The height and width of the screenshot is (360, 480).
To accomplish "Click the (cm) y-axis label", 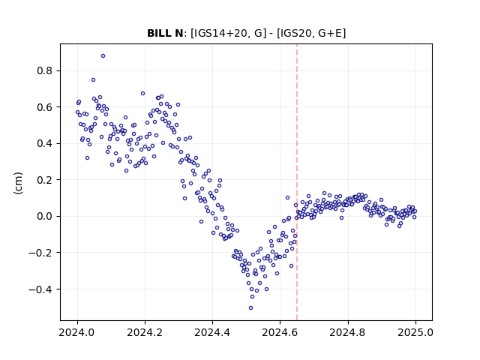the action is click(x=18, y=183).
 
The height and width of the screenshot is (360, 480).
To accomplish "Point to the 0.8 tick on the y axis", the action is click(x=45, y=70).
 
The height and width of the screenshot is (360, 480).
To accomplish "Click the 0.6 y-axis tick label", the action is click(x=45, y=107).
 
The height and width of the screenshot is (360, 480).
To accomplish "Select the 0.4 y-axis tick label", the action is click(x=45, y=143).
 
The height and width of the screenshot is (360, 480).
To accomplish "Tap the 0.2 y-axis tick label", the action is click(x=45, y=180).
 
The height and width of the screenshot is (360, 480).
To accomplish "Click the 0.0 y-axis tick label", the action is click(x=45, y=216).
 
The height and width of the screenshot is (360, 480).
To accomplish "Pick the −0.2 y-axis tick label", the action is click(x=41, y=253).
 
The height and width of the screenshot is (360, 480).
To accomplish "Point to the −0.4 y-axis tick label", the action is click(x=41, y=289).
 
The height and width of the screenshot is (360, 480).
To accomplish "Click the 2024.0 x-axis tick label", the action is click(x=77, y=332).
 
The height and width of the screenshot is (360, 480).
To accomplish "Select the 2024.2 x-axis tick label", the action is click(x=145, y=332).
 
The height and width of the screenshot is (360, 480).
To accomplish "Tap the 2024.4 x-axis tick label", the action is click(x=212, y=332).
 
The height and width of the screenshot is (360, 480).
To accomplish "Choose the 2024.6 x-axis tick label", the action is click(x=280, y=332).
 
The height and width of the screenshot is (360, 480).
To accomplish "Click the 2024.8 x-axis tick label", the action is click(x=347, y=332).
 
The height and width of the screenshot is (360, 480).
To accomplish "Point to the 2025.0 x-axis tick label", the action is click(x=415, y=332).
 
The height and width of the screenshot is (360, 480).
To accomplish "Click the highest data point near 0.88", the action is click(x=103, y=55).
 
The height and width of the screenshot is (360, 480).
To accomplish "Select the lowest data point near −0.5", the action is click(x=250, y=308).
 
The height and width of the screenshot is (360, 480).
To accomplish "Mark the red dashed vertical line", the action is click(x=297, y=182).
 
